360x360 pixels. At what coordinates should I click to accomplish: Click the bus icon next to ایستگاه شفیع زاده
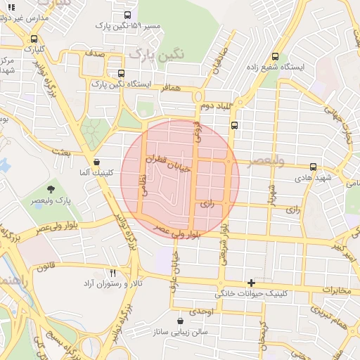275,56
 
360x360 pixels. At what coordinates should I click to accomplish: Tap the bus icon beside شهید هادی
313,167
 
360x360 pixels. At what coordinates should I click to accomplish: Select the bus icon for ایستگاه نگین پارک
122,73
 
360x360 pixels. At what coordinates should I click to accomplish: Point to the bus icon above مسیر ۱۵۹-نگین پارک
127,15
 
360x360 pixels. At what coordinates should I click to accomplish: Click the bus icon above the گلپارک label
34,39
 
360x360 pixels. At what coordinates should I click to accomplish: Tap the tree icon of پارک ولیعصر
51,188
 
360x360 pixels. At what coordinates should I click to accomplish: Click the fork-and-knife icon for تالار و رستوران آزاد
112,273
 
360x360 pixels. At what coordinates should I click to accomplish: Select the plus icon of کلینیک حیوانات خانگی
251,282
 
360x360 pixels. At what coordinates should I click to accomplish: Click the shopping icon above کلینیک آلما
96,161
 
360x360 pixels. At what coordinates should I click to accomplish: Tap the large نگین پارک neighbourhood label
151,53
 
